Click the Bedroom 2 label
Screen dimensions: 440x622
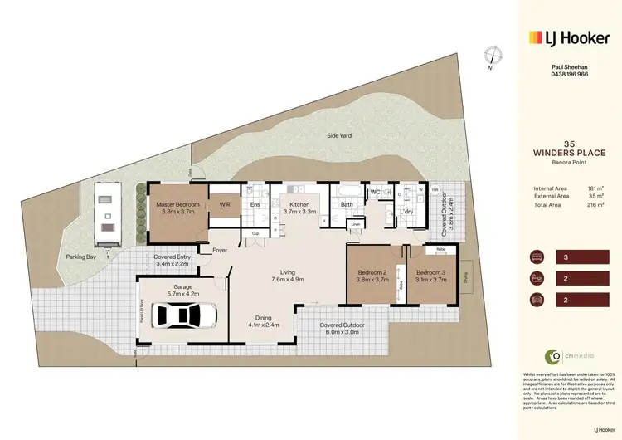pyautogui.click(x=373, y=276)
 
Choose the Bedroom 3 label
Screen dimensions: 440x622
pyautogui.click(x=431, y=276)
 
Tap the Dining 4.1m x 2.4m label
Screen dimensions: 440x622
pyautogui.click(x=263, y=320)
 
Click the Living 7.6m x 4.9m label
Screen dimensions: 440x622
pyautogui.click(x=287, y=276)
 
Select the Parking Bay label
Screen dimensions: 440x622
pyautogui.click(x=81, y=257)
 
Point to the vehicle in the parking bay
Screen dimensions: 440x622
pyautogui.click(x=106, y=214)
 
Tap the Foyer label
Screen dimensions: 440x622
pyautogui.click(x=220, y=250)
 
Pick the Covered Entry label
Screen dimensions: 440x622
pyautogui.click(x=173, y=261)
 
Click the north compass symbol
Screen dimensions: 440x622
pyautogui.click(x=494, y=56)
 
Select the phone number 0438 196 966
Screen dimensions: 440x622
pyautogui.click(x=570, y=74)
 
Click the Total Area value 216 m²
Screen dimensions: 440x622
pyautogui.click(x=595, y=204)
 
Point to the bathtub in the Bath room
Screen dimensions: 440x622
pyautogui.click(x=347, y=191)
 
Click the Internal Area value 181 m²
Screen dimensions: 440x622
pyautogui.click(x=595, y=188)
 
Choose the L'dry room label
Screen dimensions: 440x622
pyautogui.click(x=406, y=212)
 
